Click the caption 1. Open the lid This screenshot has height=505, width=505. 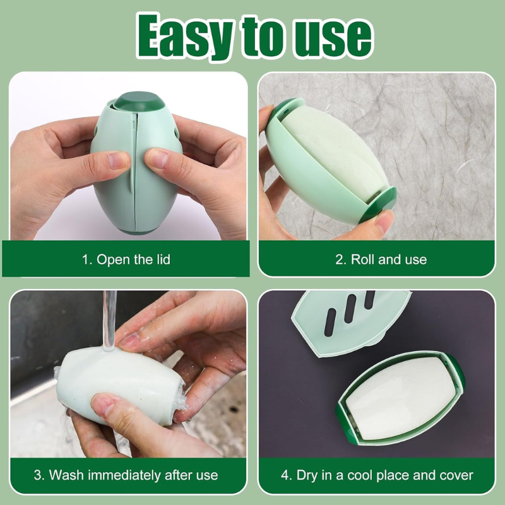pos(126,259)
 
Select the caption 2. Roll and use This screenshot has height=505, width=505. pos(380,259)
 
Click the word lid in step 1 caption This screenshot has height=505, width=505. pos(161,259)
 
